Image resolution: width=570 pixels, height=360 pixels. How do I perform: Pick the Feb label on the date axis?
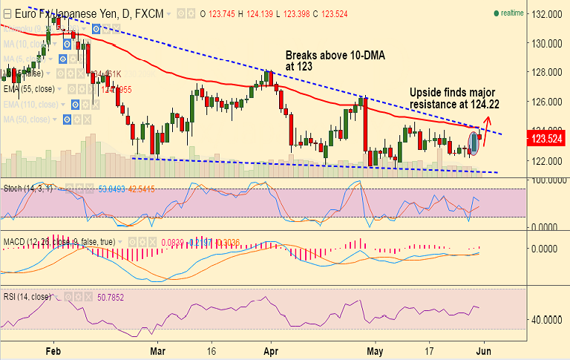click(x=53, y=351)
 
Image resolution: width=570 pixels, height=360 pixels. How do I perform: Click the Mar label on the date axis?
click(x=157, y=351)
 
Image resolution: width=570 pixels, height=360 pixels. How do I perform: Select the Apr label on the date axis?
click(x=271, y=351)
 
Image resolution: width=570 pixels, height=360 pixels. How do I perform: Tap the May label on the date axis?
click(x=378, y=351)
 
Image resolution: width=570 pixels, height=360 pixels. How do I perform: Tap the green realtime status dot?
click(x=496, y=13)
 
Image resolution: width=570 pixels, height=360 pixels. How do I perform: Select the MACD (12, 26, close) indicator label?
click(x=39, y=241)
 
